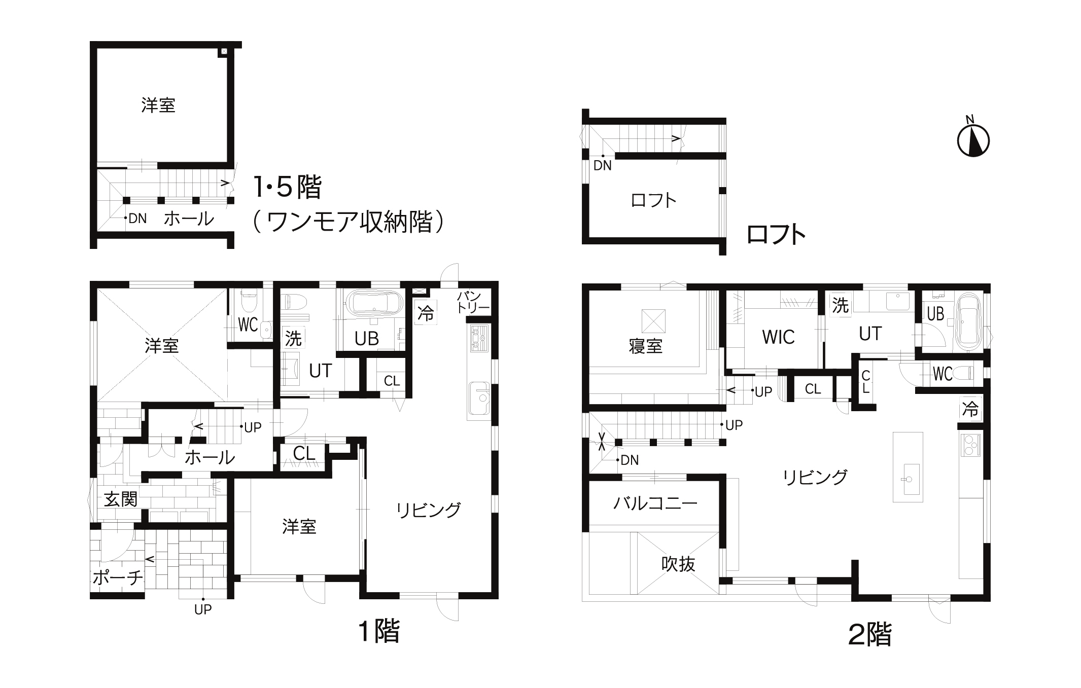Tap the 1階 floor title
tap(379, 632)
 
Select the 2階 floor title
tap(870, 634)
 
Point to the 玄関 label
tap(121, 499)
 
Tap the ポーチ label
tap(118, 577)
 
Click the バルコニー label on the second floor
tap(655, 503)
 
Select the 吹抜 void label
tap(678, 564)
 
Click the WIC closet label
tap(778, 337)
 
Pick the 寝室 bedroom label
tap(645, 346)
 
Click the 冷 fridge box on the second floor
tap(970, 409)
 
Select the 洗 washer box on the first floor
tap(293, 338)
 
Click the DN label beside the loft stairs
tap(603, 165)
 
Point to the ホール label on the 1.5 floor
tap(189, 219)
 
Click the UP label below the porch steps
tap(203, 610)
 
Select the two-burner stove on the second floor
tap(970, 446)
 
